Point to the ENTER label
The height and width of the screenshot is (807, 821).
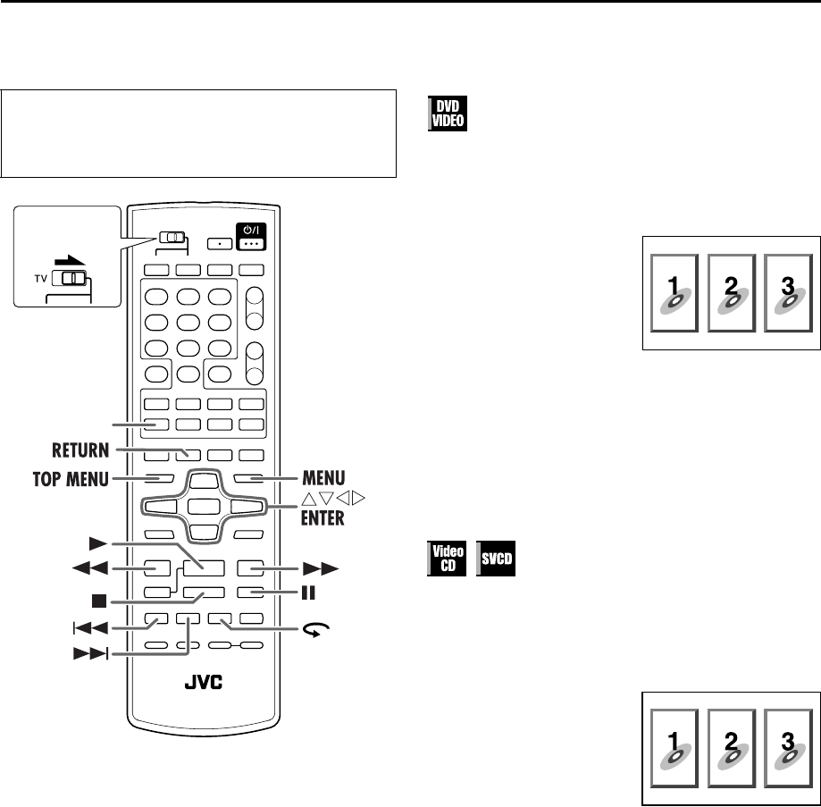pyautogui.click(x=321, y=519)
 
